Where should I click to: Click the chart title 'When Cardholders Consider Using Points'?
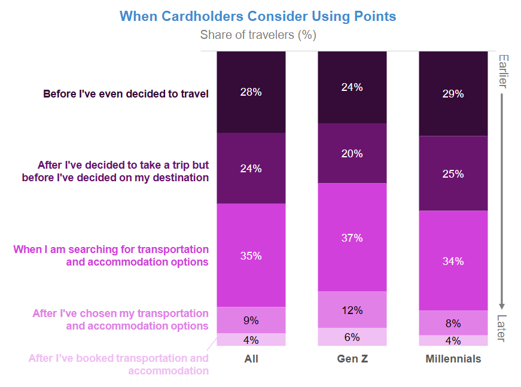point(258,16)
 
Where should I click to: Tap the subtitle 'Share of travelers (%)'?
point(258,35)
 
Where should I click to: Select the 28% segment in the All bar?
point(251,92)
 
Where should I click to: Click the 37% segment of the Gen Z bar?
point(352,237)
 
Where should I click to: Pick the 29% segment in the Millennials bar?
point(453,94)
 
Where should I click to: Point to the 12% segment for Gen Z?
point(352,310)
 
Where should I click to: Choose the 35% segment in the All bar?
point(251,255)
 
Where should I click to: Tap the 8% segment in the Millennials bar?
point(453,323)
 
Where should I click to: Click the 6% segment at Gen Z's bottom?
point(352,337)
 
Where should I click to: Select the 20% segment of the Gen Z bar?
point(352,153)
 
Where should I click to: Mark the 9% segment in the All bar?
point(251,320)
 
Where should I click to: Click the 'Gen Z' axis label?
point(352,359)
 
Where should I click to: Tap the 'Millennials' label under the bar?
point(453,359)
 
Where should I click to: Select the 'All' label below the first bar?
point(251,359)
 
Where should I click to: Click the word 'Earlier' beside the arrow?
point(502,71)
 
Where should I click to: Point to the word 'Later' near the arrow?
point(502,328)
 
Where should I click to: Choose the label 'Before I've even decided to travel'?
point(126,94)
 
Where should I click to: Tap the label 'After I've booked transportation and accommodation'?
point(119,364)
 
